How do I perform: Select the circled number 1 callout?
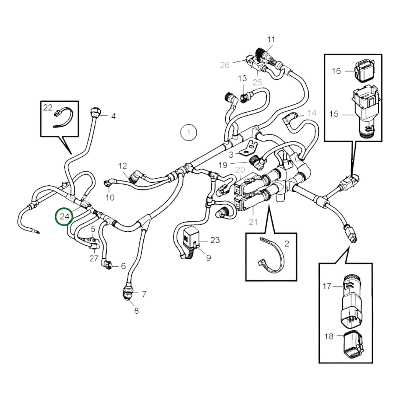click(189, 133)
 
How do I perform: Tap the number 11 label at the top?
click(271, 40)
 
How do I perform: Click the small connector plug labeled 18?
click(352, 344)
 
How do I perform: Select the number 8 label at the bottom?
click(136, 311)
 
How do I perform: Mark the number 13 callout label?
click(242, 79)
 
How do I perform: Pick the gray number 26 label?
click(225, 65)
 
